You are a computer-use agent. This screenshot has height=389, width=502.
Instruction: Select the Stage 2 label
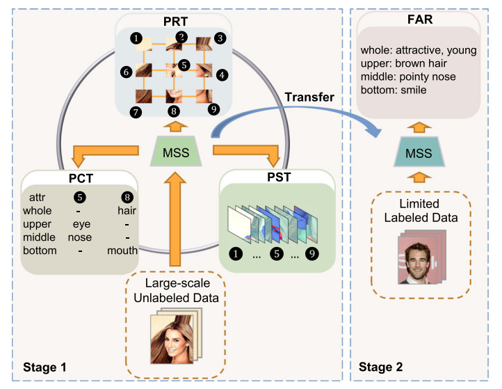[381, 367]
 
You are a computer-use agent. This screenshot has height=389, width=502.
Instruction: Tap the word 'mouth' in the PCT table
[122, 250]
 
